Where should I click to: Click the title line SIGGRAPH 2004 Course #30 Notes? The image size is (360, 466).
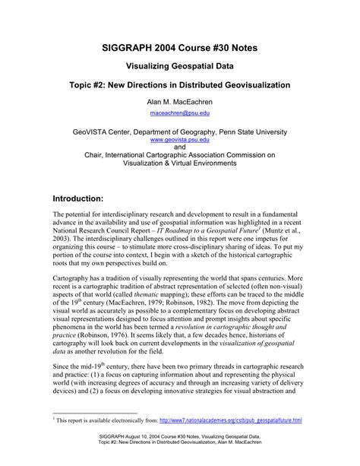[180, 48]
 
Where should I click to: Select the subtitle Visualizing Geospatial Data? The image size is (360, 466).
[180, 66]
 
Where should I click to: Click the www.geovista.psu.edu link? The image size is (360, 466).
[179, 141]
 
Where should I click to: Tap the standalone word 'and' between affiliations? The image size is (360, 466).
[180, 147]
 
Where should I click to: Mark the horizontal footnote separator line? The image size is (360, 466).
[95, 414]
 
